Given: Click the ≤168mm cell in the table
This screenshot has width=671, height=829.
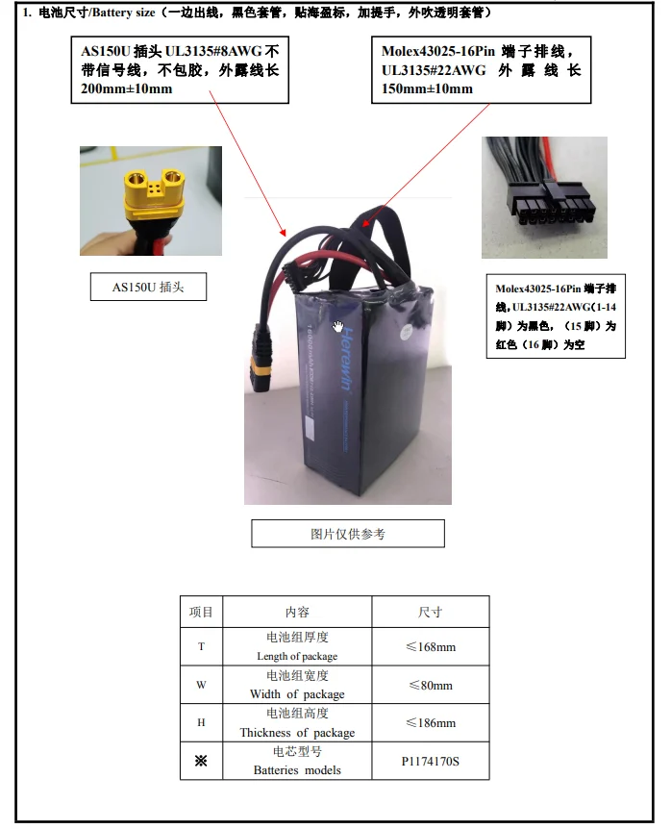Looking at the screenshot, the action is (x=430, y=646).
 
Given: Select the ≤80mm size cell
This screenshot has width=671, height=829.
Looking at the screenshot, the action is (x=430, y=685).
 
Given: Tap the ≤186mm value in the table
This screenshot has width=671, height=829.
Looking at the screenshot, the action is (x=430, y=722).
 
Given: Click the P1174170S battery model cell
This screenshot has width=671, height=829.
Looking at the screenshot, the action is (x=430, y=761).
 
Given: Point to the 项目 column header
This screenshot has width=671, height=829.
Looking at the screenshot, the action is (x=201, y=612).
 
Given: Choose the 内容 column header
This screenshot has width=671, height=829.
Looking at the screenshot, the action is (x=297, y=612).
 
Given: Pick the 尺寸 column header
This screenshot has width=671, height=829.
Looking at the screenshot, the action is (x=430, y=612).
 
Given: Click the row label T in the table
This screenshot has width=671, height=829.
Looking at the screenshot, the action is (x=201, y=646).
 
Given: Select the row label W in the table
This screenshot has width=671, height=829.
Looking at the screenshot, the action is (x=201, y=685).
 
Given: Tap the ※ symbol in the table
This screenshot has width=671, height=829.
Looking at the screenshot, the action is (x=201, y=761).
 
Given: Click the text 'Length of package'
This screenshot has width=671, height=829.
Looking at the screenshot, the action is (x=297, y=656).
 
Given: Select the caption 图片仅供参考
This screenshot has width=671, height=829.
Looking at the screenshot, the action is (x=348, y=534).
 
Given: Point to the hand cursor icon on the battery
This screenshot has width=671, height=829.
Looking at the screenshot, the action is (x=339, y=327).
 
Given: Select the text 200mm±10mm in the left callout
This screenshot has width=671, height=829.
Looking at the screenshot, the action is (x=122, y=89).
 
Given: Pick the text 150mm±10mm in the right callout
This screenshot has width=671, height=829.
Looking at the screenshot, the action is (x=427, y=89).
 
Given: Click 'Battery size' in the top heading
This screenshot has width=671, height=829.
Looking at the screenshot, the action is (x=114, y=13).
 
